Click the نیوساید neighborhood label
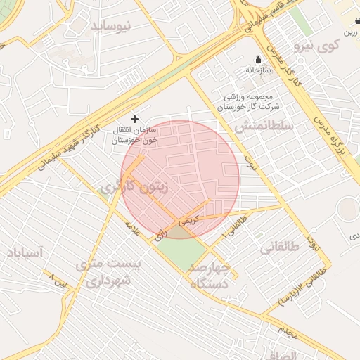click(x=110, y=27)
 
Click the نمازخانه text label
click(x=258, y=70)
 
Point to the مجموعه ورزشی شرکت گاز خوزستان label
click(x=252, y=101)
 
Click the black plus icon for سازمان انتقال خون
click(x=135, y=120)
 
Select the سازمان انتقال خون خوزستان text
click(x=135, y=136)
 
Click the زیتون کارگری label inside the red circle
click(x=134, y=187)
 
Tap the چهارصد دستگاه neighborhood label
click(x=210, y=276)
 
